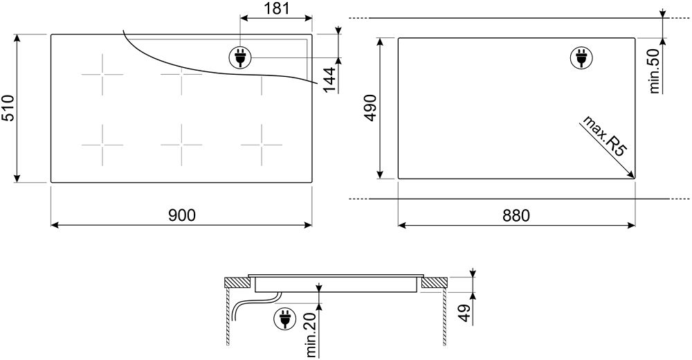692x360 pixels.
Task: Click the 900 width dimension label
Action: [181, 215]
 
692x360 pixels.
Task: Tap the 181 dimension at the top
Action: [276, 8]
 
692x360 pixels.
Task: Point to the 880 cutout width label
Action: [516, 215]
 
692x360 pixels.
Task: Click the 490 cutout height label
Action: [370, 108]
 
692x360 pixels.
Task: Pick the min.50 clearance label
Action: [655, 71]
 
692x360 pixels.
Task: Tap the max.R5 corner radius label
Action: [605, 136]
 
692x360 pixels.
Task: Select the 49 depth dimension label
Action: [464, 313]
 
